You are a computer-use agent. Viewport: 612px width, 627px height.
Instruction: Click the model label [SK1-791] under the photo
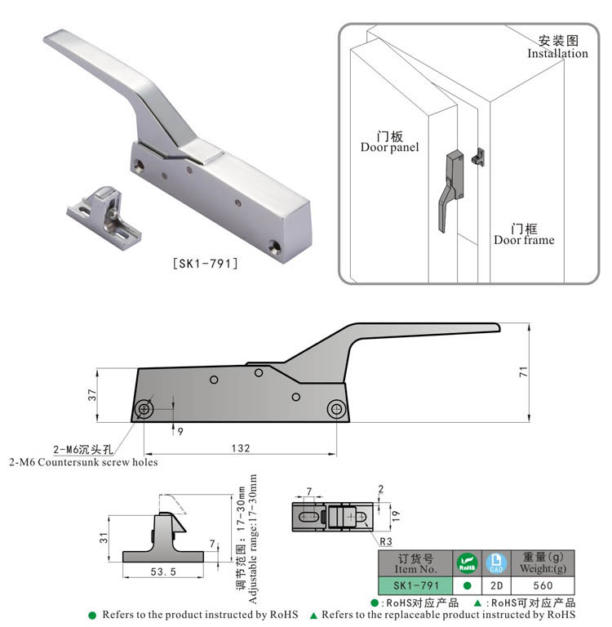pos(206,264)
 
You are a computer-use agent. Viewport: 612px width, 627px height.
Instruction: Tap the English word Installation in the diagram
pos(557,54)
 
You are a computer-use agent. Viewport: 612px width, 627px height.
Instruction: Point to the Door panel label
pos(389,147)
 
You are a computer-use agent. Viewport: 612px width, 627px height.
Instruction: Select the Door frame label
pos(524,240)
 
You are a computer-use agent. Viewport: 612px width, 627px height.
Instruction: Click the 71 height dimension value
pos(523,371)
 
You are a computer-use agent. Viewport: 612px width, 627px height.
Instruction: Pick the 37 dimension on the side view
pos(93,394)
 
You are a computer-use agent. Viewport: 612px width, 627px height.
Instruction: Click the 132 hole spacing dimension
pos(240,448)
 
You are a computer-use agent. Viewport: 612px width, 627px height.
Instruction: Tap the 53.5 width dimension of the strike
pos(164,573)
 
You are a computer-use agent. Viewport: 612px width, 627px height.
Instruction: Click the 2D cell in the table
pos(495,585)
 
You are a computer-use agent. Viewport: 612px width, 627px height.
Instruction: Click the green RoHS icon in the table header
pos(467,563)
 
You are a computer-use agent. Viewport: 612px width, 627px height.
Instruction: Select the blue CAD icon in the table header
pos(495,563)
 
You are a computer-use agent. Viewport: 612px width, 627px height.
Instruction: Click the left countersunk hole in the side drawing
pos(144,407)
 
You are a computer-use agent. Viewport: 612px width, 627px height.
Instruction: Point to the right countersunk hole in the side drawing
pos(335,407)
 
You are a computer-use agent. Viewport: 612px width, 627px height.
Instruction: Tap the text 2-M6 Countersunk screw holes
pos(83,462)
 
